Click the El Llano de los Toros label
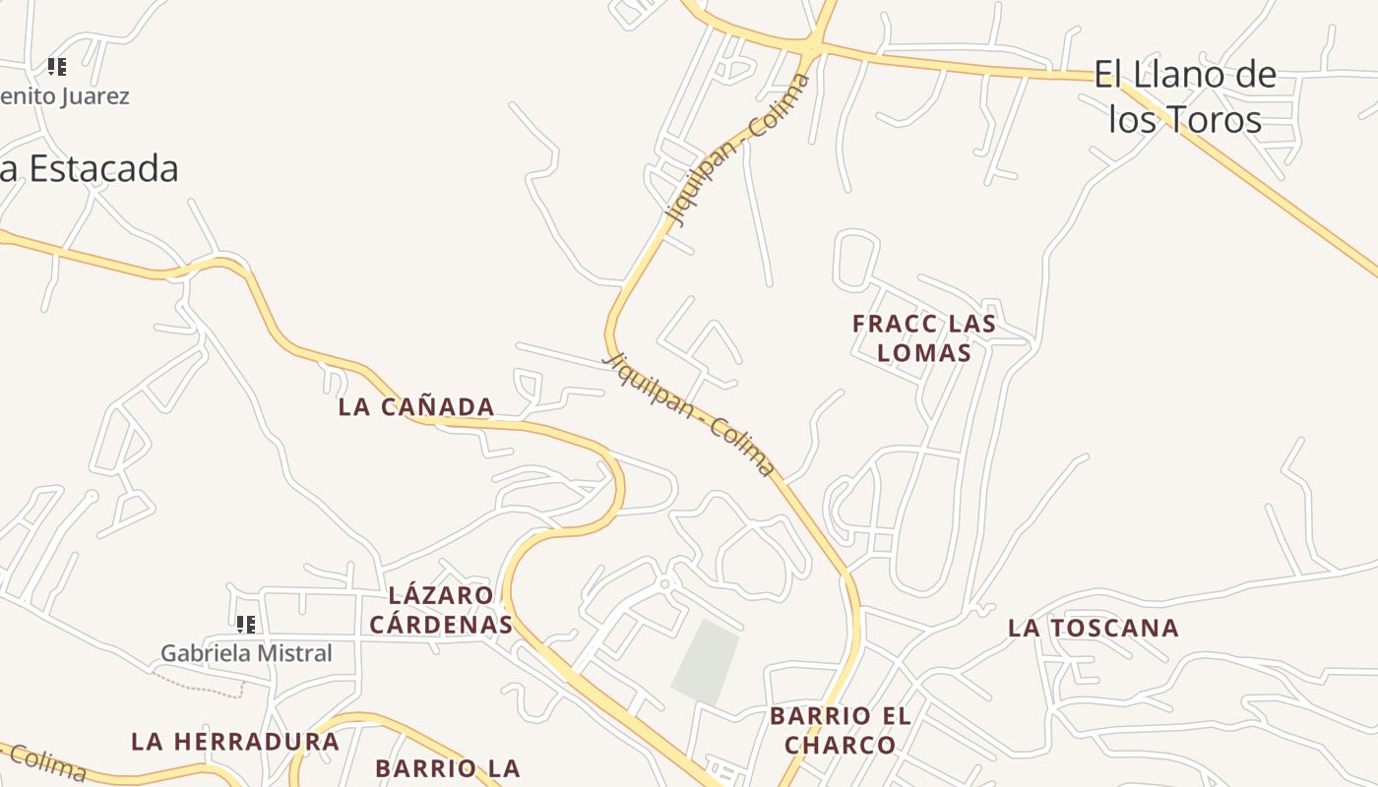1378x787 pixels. pyautogui.click(x=1185, y=96)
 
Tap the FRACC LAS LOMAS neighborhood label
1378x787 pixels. pyautogui.click(x=924, y=337)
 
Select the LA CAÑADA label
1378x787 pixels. pyautogui.click(x=416, y=406)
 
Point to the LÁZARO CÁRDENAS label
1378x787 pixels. pyautogui.click(x=441, y=610)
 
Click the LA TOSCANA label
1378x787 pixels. pyautogui.click(x=1093, y=628)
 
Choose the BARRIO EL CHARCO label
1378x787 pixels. pyautogui.click(x=841, y=730)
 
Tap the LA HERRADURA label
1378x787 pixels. pyautogui.click(x=235, y=742)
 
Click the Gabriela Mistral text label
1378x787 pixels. pyautogui.click(x=246, y=652)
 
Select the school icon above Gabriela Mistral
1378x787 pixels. pyautogui.click(x=246, y=624)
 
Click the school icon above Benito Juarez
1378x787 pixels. pyautogui.click(x=57, y=67)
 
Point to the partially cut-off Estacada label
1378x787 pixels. pyautogui.click(x=89, y=168)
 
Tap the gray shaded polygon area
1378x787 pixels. pyautogui.click(x=706, y=662)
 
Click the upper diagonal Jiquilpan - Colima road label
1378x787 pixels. pyautogui.click(x=738, y=148)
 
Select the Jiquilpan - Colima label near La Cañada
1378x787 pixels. pyautogui.click(x=688, y=415)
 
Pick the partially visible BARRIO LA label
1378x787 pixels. pyautogui.click(x=447, y=767)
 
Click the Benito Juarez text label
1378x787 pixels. pyautogui.click(x=64, y=96)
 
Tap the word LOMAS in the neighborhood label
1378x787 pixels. pyautogui.click(x=924, y=352)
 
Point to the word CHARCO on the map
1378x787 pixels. pyautogui.click(x=841, y=745)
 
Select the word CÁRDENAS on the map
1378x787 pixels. pyautogui.click(x=441, y=625)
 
